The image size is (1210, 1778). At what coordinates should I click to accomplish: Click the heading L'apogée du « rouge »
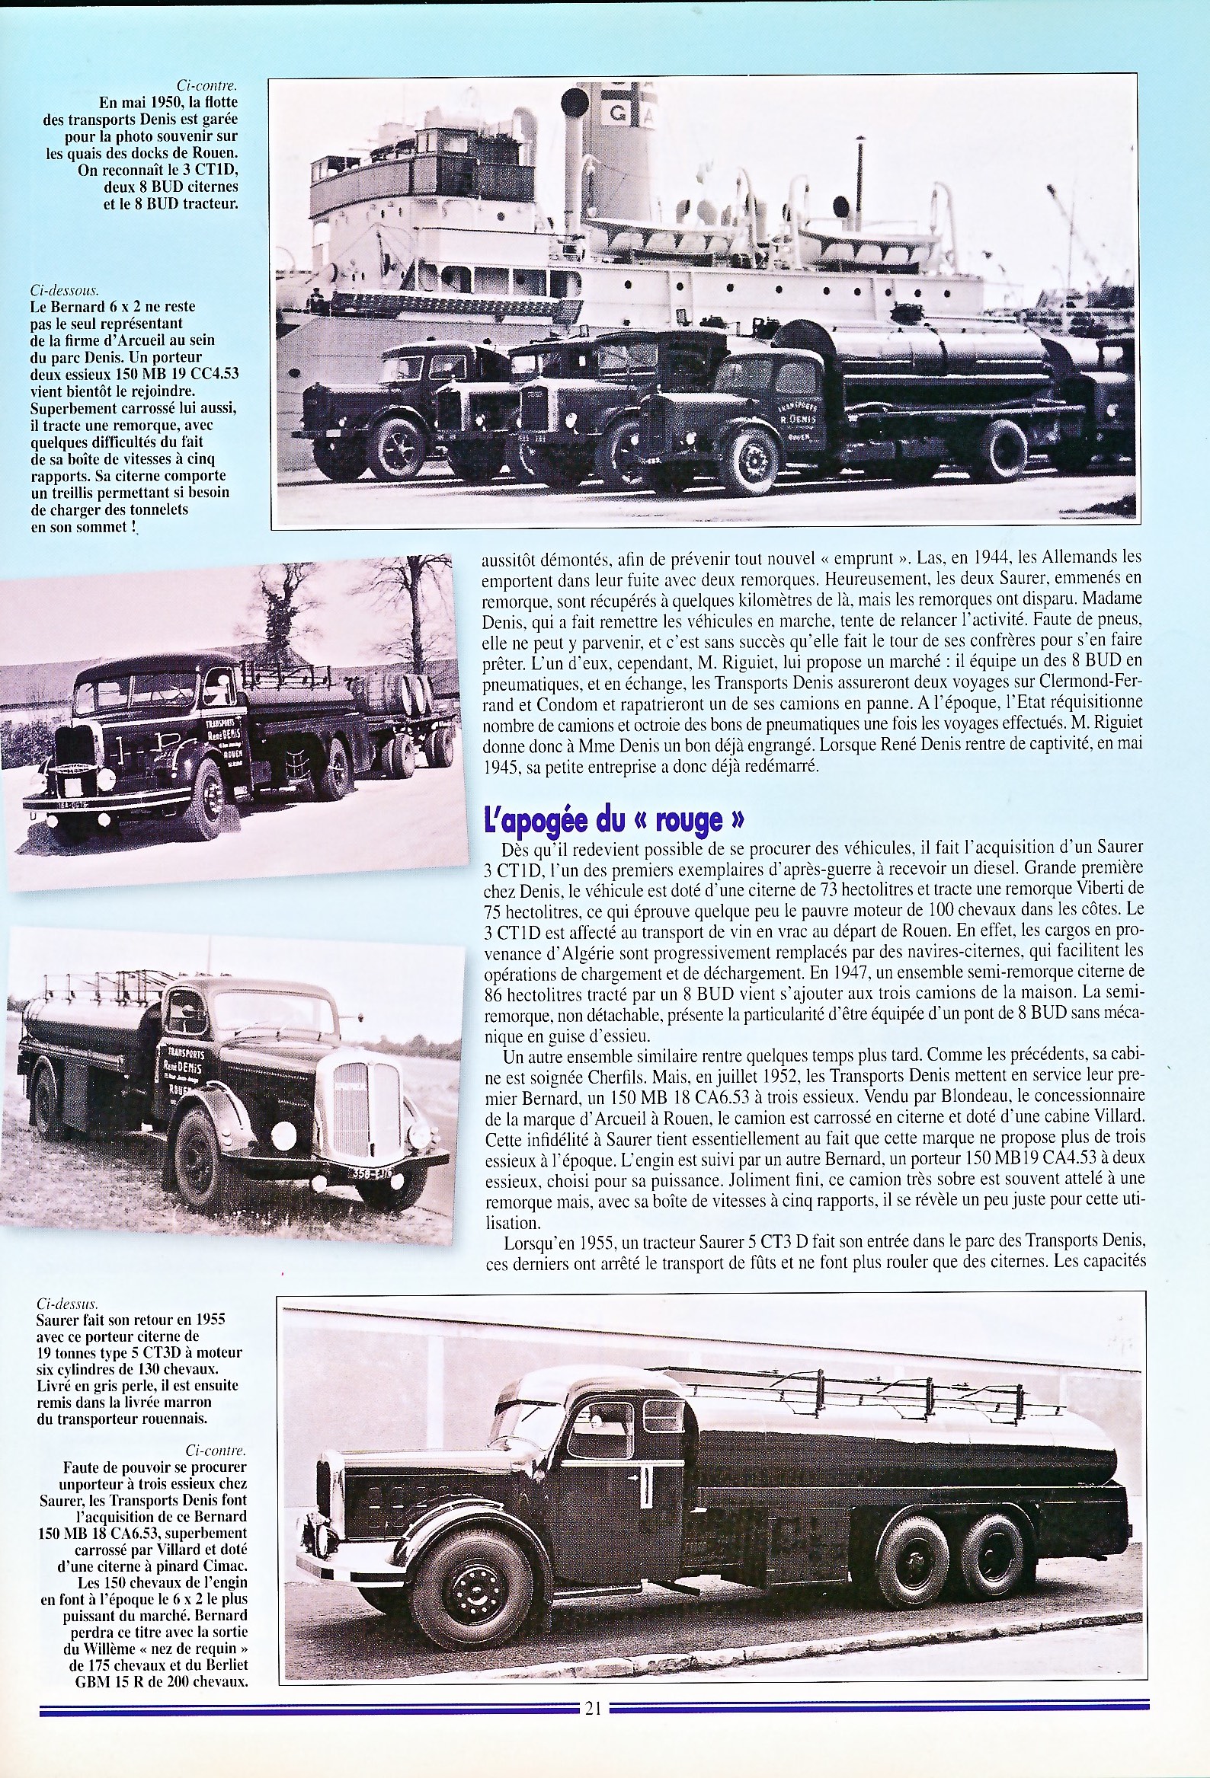tap(615, 819)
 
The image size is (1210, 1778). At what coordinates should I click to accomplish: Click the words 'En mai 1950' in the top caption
tap(130, 103)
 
